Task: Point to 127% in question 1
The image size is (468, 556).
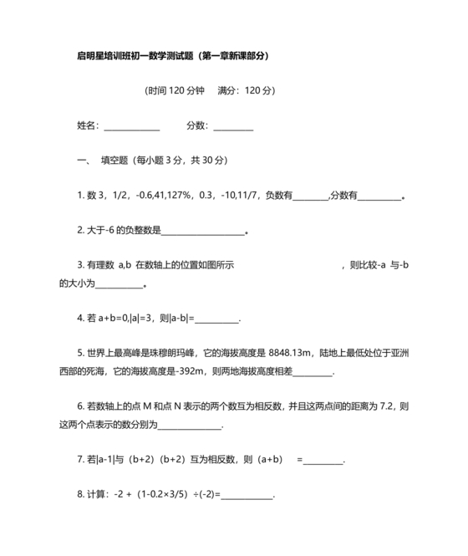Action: coord(177,196)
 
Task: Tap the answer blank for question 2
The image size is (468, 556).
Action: coord(202,232)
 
